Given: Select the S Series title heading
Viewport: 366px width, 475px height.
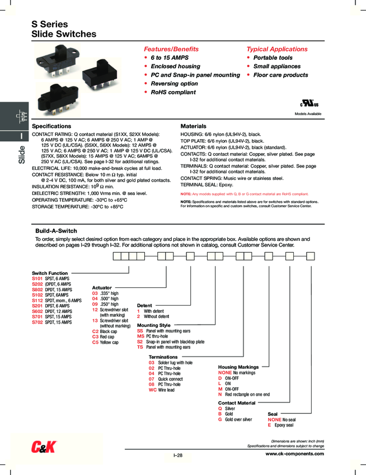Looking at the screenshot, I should point(50,25).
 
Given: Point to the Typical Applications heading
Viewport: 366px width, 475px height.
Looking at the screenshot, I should point(277,49).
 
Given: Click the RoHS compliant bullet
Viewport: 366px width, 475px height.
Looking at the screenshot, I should point(173,92).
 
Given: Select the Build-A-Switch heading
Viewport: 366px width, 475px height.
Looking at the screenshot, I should point(56,231).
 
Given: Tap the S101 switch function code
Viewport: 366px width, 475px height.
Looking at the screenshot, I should point(37,278).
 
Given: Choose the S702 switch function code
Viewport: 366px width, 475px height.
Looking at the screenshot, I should point(37,322).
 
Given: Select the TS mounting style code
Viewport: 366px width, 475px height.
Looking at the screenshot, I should point(140,347).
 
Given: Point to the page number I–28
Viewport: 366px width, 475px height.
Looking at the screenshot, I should point(178,455).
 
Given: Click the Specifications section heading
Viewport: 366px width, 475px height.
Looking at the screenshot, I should point(51,126).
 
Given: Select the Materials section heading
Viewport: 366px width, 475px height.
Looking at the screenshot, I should point(193,126).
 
